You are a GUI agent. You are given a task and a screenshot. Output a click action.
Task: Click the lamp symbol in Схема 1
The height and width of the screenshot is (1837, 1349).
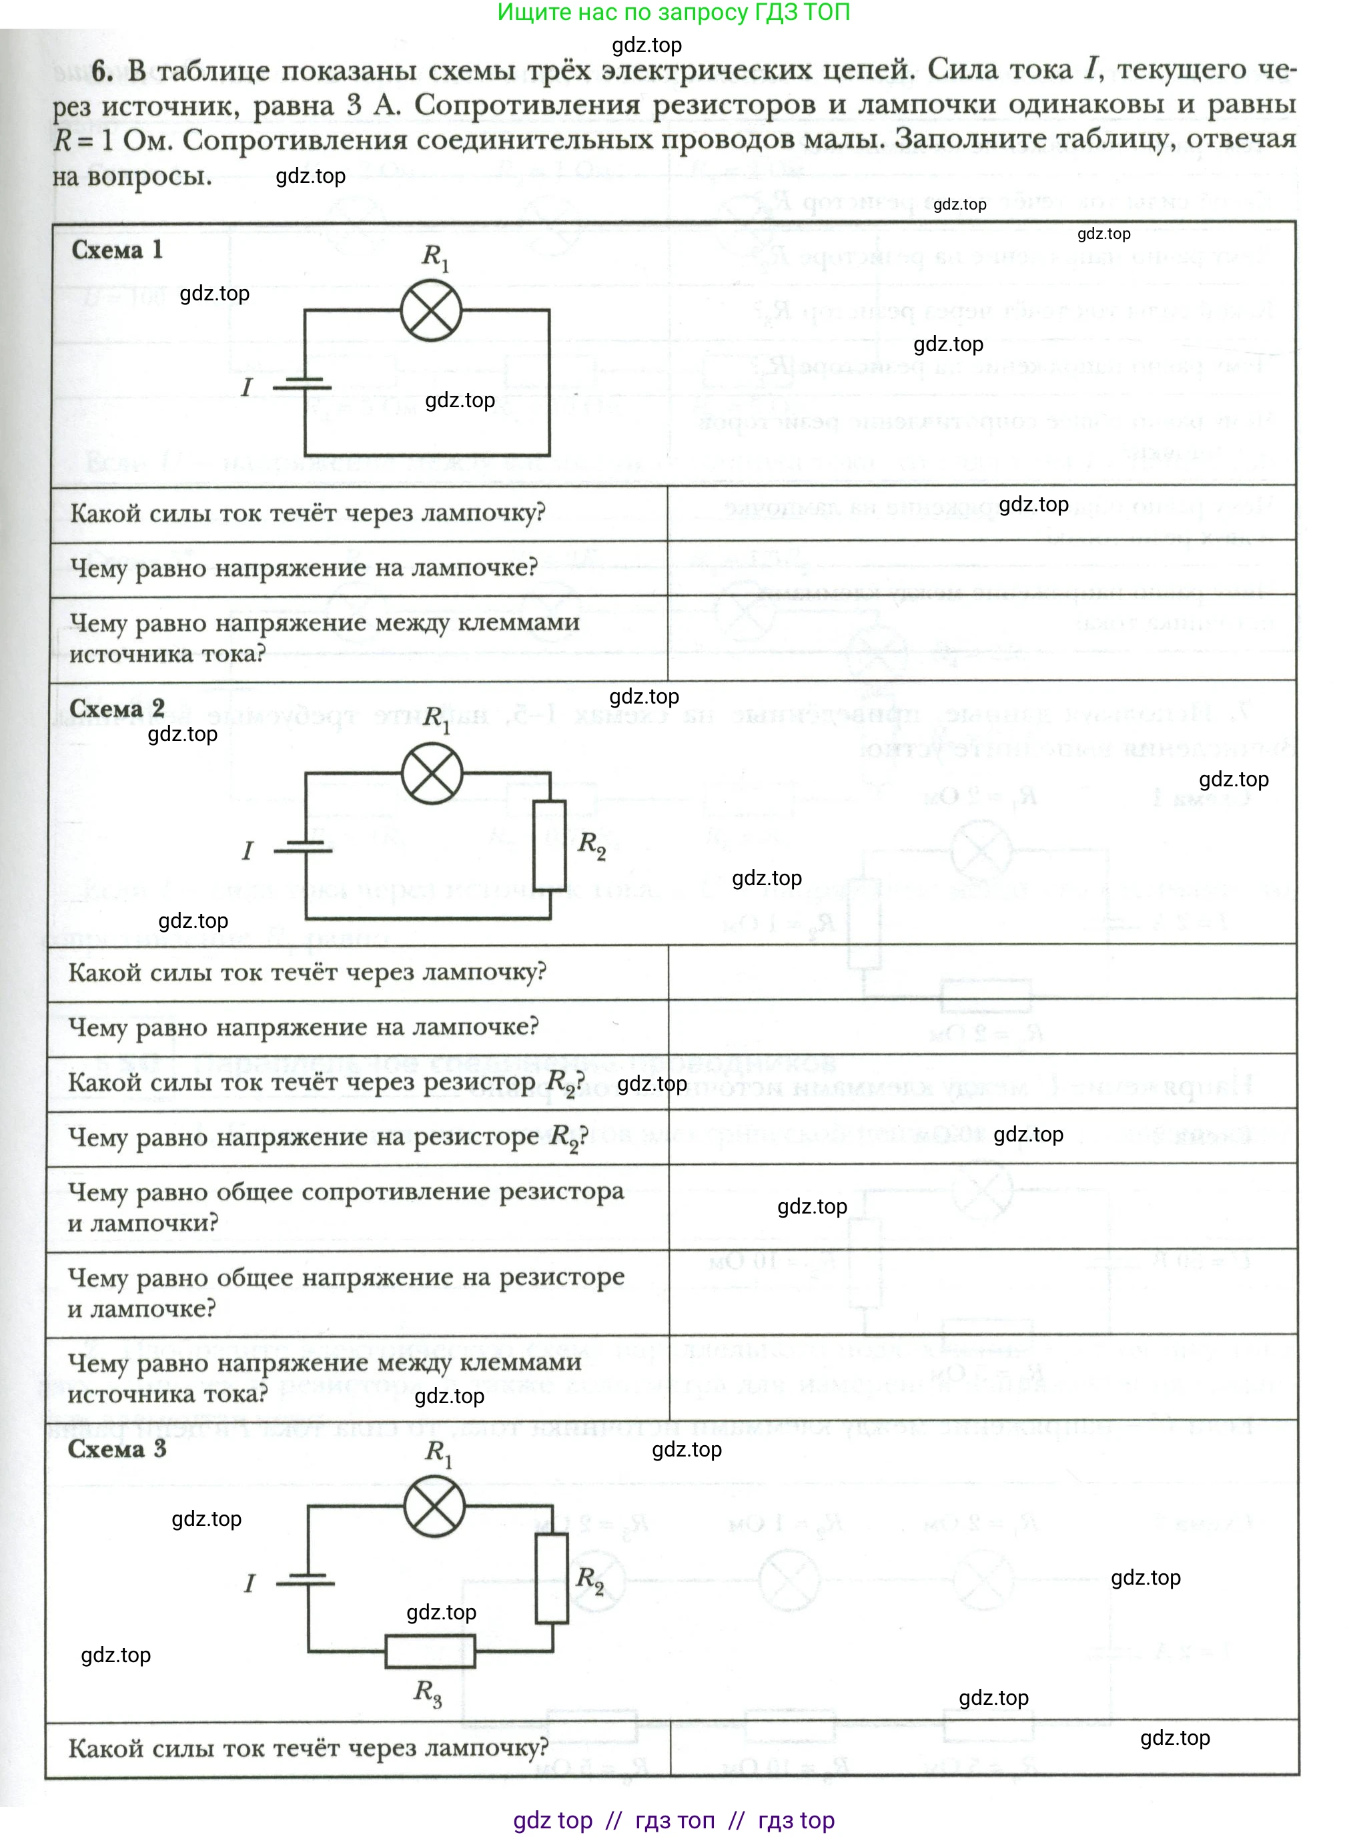(x=430, y=310)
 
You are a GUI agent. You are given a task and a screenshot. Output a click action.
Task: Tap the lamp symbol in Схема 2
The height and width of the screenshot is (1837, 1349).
(x=432, y=774)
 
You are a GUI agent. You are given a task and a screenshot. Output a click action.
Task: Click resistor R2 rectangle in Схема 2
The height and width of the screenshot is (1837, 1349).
(x=550, y=844)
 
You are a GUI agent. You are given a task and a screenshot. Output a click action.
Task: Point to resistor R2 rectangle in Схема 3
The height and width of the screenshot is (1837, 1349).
(x=552, y=1578)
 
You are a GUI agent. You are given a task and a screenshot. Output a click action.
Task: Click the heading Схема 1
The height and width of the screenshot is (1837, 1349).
(x=117, y=250)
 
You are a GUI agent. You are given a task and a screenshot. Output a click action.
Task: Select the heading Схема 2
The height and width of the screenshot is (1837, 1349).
(x=117, y=708)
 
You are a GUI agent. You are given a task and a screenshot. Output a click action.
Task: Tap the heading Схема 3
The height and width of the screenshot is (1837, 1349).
(x=117, y=1449)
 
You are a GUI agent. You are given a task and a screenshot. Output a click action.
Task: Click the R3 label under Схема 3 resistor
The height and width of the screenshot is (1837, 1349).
(x=428, y=1692)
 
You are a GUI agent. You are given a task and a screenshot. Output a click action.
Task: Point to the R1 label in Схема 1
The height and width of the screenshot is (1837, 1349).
(x=434, y=256)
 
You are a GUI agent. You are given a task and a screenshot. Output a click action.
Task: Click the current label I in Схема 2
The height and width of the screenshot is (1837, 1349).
(x=248, y=850)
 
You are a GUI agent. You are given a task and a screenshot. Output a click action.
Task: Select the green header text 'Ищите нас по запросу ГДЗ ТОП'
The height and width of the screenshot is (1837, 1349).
(x=674, y=12)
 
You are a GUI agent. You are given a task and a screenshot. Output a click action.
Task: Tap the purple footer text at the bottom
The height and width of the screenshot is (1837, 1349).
(x=674, y=1820)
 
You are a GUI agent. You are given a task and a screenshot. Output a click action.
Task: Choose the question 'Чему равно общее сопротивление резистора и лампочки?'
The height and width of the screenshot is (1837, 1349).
(x=346, y=1206)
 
